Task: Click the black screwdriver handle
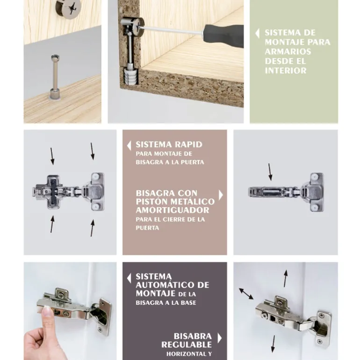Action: click(223, 36)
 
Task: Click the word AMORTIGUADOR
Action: click(173, 210)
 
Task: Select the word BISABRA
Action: click(193, 336)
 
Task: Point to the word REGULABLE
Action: click(187, 345)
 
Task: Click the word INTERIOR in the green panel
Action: click(286, 71)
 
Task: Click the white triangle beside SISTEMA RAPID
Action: click(129, 145)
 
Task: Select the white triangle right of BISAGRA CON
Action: click(221, 195)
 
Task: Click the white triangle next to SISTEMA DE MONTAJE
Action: click(257, 34)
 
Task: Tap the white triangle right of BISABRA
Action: click(220, 338)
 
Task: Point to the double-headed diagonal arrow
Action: click(246, 294)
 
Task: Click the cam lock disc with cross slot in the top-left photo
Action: click(68, 8)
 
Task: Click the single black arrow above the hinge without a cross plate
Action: click(270, 172)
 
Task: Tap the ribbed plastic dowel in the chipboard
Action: click(130, 77)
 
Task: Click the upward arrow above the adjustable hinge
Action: click(285, 279)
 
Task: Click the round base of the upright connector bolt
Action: click(55, 94)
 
